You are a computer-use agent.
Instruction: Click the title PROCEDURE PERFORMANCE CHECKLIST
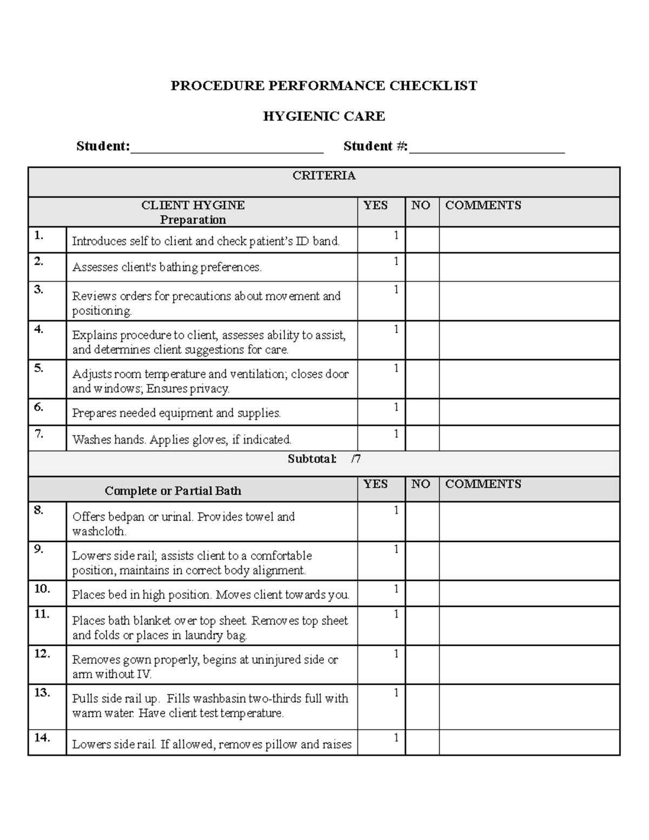point(324,85)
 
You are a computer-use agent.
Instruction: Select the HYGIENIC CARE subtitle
point(324,116)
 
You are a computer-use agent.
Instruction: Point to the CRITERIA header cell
point(324,175)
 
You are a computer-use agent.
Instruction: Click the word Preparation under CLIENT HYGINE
point(193,220)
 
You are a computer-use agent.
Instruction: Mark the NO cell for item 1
point(422,240)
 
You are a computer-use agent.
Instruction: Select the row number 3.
point(38,289)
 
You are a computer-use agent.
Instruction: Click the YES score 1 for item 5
point(396,368)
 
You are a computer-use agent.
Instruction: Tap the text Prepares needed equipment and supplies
point(177,413)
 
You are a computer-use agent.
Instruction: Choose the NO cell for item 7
point(422,438)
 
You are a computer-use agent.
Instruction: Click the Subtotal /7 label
point(324,459)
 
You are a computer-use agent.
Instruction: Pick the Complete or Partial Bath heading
point(173,491)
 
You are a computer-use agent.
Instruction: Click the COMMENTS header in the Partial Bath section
point(483,484)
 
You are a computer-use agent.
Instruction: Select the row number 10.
point(42,588)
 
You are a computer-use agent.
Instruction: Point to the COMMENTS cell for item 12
point(529,664)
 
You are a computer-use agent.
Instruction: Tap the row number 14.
point(42,737)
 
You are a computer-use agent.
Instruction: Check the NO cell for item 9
point(422,561)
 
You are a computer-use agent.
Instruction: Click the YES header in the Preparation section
point(375,205)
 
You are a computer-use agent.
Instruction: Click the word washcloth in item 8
point(99,531)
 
